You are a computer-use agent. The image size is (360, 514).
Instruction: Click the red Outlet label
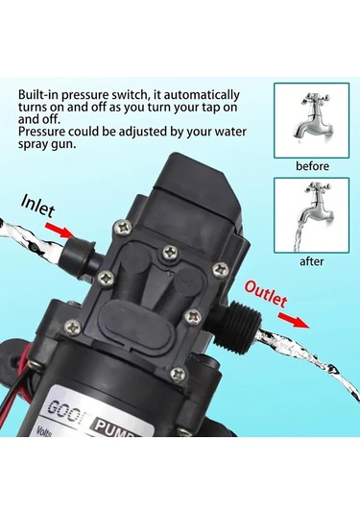[x=265, y=291]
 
